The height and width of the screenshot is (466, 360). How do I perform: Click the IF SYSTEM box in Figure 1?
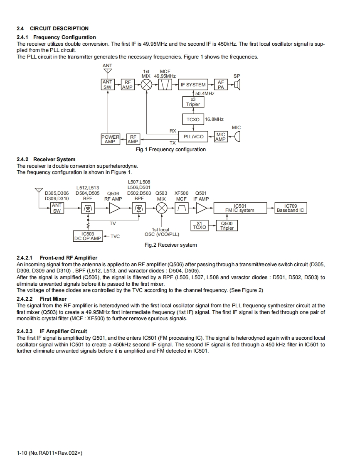point(193,85)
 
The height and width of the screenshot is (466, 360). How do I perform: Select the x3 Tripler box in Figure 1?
point(193,102)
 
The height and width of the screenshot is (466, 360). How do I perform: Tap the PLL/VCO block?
point(193,136)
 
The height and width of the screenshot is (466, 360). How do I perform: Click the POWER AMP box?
point(110,139)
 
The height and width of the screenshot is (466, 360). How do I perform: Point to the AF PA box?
point(221,85)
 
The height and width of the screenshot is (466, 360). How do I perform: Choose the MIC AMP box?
point(221,137)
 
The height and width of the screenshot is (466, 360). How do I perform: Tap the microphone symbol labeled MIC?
point(237,136)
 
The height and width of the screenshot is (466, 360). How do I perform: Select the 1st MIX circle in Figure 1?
point(146,85)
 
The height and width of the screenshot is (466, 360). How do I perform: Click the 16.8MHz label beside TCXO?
point(215,119)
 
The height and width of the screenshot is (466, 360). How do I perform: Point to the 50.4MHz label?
point(205,93)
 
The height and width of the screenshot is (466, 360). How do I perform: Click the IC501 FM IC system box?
point(240,208)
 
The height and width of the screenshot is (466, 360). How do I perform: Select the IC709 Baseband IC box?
point(290,208)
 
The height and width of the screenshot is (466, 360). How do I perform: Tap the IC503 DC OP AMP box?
point(87,236)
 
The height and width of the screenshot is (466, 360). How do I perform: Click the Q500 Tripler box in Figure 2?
point(227,226)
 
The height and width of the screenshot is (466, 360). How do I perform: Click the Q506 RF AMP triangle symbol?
point(114,208)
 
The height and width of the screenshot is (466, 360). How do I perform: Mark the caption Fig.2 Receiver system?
point(170,245)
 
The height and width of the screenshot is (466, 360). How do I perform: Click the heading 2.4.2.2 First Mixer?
point(42,299)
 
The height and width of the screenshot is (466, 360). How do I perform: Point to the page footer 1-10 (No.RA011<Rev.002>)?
point(49,453)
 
